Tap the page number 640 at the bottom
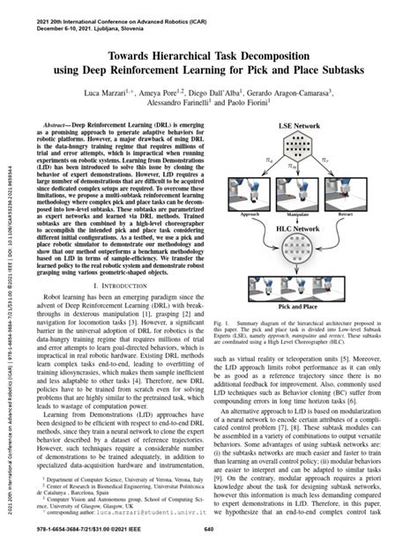(x=209, y=529)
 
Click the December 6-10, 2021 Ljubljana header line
(x=93, y=16)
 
